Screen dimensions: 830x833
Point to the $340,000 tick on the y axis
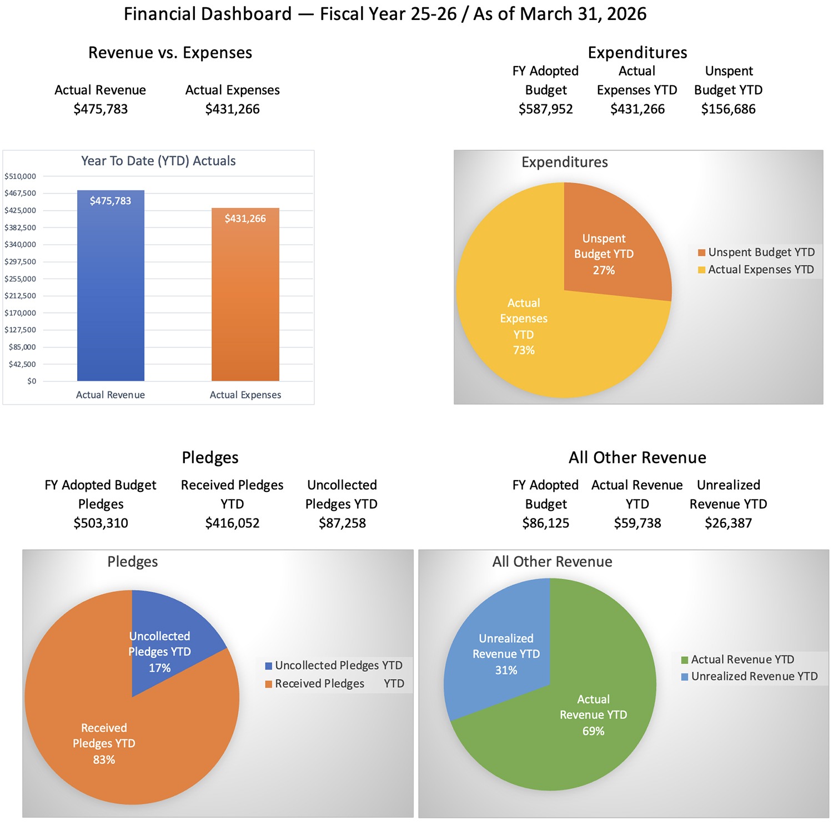point(21,244)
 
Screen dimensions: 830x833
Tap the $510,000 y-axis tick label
point(21,177)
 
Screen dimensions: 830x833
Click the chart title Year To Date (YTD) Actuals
point(158,161)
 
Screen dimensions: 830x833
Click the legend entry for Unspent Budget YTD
point(756,253)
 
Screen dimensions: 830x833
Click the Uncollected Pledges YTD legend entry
point(333,666)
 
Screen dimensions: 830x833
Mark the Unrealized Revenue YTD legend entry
point(749,677)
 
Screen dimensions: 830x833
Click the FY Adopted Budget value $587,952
point(545,109)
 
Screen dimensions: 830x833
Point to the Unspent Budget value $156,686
point(728,109)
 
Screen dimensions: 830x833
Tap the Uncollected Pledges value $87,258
point(342,523)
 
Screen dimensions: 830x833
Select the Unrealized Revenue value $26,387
point(728,523)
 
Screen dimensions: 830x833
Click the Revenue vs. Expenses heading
point(170,53)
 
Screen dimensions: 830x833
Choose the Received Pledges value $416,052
point(232,523)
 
